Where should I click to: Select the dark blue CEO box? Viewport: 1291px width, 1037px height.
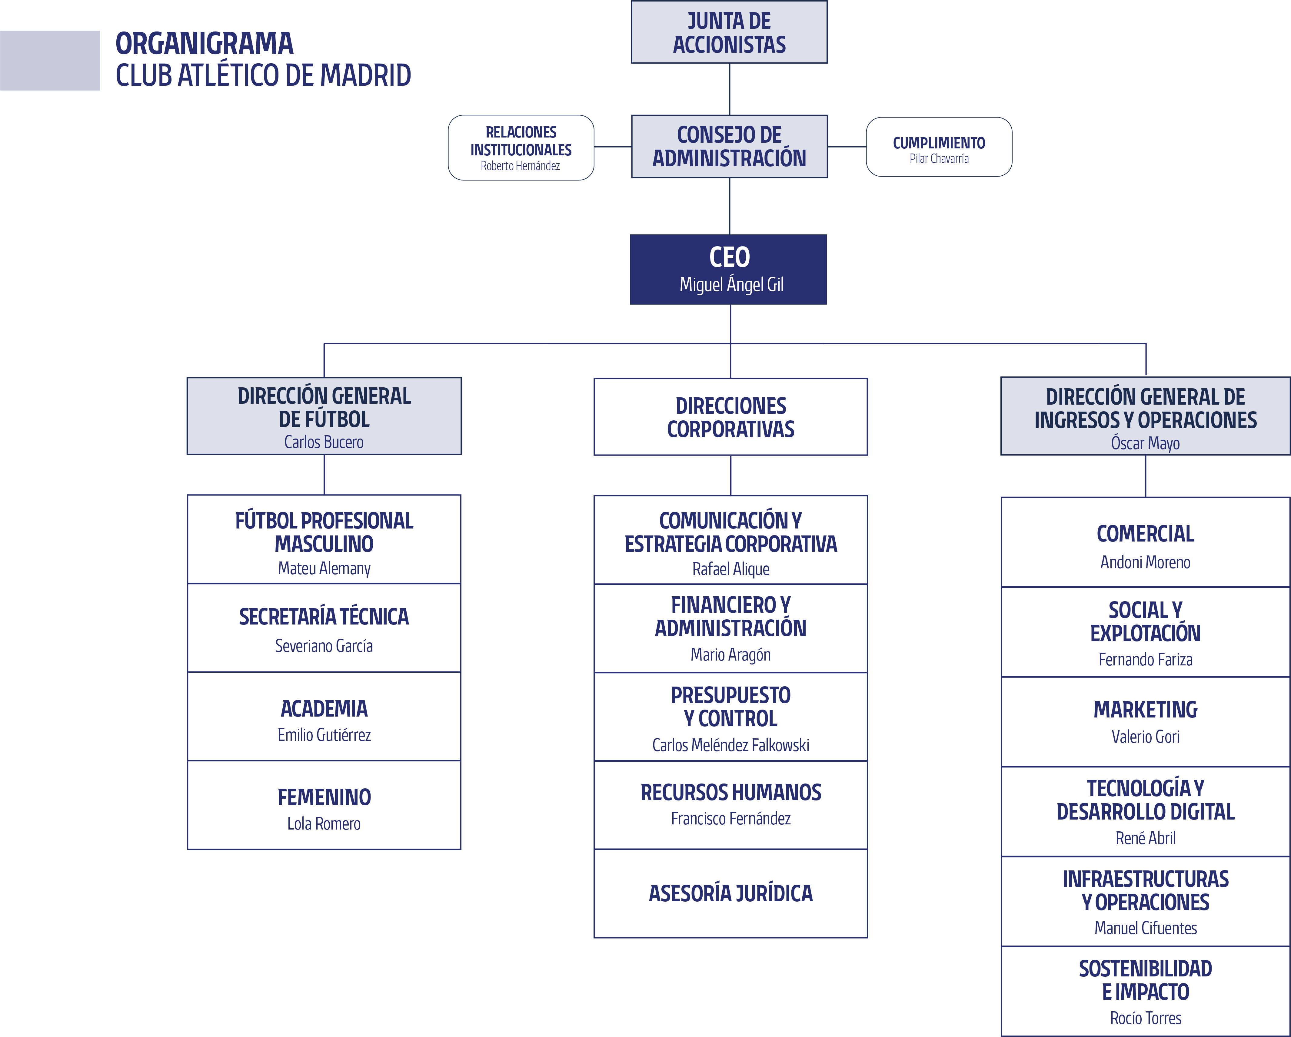click(728, 270)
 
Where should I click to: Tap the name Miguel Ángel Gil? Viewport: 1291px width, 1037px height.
click(731, 284)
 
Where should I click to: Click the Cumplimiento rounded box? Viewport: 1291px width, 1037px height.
click(939, 147)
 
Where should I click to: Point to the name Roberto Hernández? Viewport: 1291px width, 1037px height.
click(520, 166)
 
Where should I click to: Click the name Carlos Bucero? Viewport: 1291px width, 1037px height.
click(324, 442)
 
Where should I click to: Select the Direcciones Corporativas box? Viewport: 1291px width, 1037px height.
click(730, 417)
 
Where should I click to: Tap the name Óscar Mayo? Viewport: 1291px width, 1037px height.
click(1146, 443)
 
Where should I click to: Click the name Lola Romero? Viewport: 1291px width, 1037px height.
click(324, 824)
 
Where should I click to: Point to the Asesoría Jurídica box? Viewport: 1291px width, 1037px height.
click(730, 893)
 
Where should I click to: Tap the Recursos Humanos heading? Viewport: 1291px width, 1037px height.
click(730, 792)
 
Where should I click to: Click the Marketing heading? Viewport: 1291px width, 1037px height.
click(1146, 710)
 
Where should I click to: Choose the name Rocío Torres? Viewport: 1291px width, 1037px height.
click(1146, 1018)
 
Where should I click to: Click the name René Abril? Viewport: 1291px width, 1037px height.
click(1146, 838)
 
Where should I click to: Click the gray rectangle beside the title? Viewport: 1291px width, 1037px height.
click(50, 61)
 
